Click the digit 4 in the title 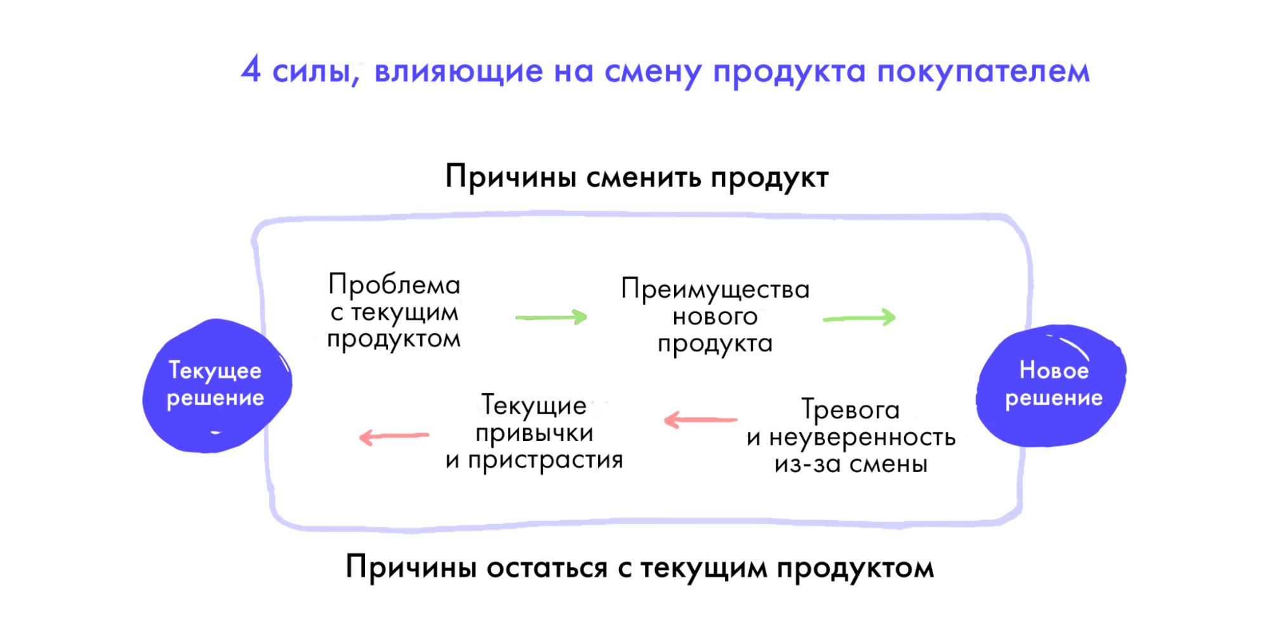251,69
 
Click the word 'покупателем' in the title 983,72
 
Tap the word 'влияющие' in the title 458,71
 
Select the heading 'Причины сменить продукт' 637,177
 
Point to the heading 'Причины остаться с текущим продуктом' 640,567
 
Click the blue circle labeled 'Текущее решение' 217,386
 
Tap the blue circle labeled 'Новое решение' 1051,385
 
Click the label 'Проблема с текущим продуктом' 394,311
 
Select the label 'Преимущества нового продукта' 715,316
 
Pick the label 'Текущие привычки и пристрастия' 534,433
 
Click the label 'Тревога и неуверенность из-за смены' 851,436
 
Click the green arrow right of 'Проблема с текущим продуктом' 552,316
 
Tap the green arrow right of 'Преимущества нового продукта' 859,317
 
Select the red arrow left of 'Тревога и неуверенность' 700,420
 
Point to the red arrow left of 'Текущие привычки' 394,436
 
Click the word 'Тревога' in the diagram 851,410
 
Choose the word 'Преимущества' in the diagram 715,290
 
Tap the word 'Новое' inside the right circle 1054,370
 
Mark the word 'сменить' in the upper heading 643,177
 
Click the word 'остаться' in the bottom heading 547,568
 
